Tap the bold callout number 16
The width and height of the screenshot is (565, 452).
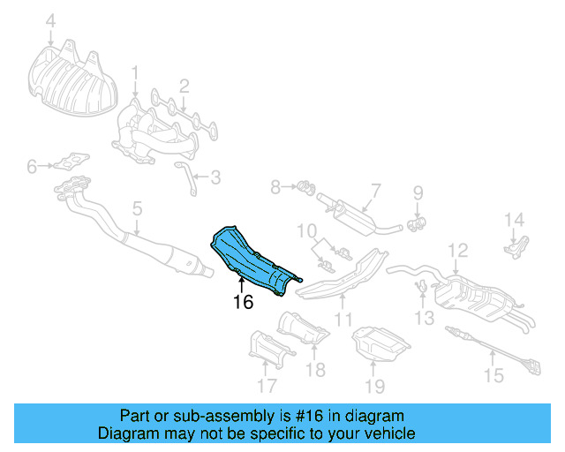coord(243,303)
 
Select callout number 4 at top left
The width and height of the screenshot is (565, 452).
coord(50,20)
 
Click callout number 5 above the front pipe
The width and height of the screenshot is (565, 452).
coord(137,209)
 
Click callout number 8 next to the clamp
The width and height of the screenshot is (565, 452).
coord(275,187)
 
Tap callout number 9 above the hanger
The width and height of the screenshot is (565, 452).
coord(418,192)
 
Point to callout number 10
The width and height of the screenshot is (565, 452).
coord(305,231)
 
